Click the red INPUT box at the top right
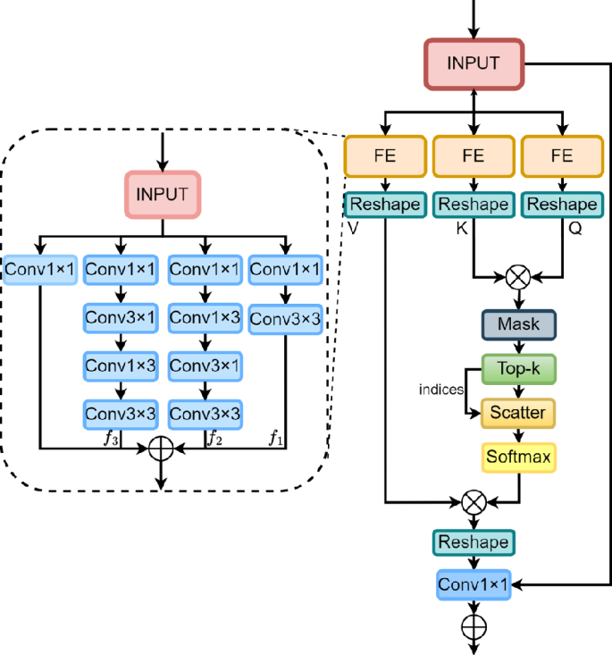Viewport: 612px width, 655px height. point(474,64)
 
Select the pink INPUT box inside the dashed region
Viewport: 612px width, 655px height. point(163,194)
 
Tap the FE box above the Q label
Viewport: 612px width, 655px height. point(561,156)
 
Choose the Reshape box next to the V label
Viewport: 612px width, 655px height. point(385,205)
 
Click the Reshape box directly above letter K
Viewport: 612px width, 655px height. point(473,205)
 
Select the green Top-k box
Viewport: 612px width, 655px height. point(518,368)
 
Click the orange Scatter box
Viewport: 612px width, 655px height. point(518,412)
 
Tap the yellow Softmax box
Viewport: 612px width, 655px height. point(518,457)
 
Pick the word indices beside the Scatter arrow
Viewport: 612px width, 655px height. point(440,390)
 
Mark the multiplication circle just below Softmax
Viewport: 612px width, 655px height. point(474,502)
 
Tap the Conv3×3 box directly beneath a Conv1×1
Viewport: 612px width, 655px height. point(285,317)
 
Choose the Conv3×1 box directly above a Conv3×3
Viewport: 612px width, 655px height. point(205,365)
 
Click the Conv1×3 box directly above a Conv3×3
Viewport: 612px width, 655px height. point(120,365)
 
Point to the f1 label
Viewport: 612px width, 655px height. point(276,438)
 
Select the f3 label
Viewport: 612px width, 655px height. point(111,438)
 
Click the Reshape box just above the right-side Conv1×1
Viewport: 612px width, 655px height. point(474,542)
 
